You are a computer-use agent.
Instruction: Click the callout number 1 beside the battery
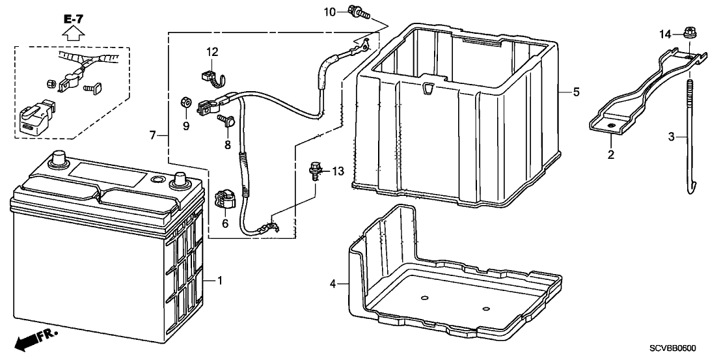point(220,281)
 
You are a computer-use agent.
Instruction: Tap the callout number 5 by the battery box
point(576,92)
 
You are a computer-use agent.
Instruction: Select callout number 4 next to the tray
point(332,284)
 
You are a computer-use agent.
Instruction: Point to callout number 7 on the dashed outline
point(152,135)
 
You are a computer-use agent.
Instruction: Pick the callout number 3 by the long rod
point(671,137)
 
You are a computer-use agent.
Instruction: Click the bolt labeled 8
point(227,121)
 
